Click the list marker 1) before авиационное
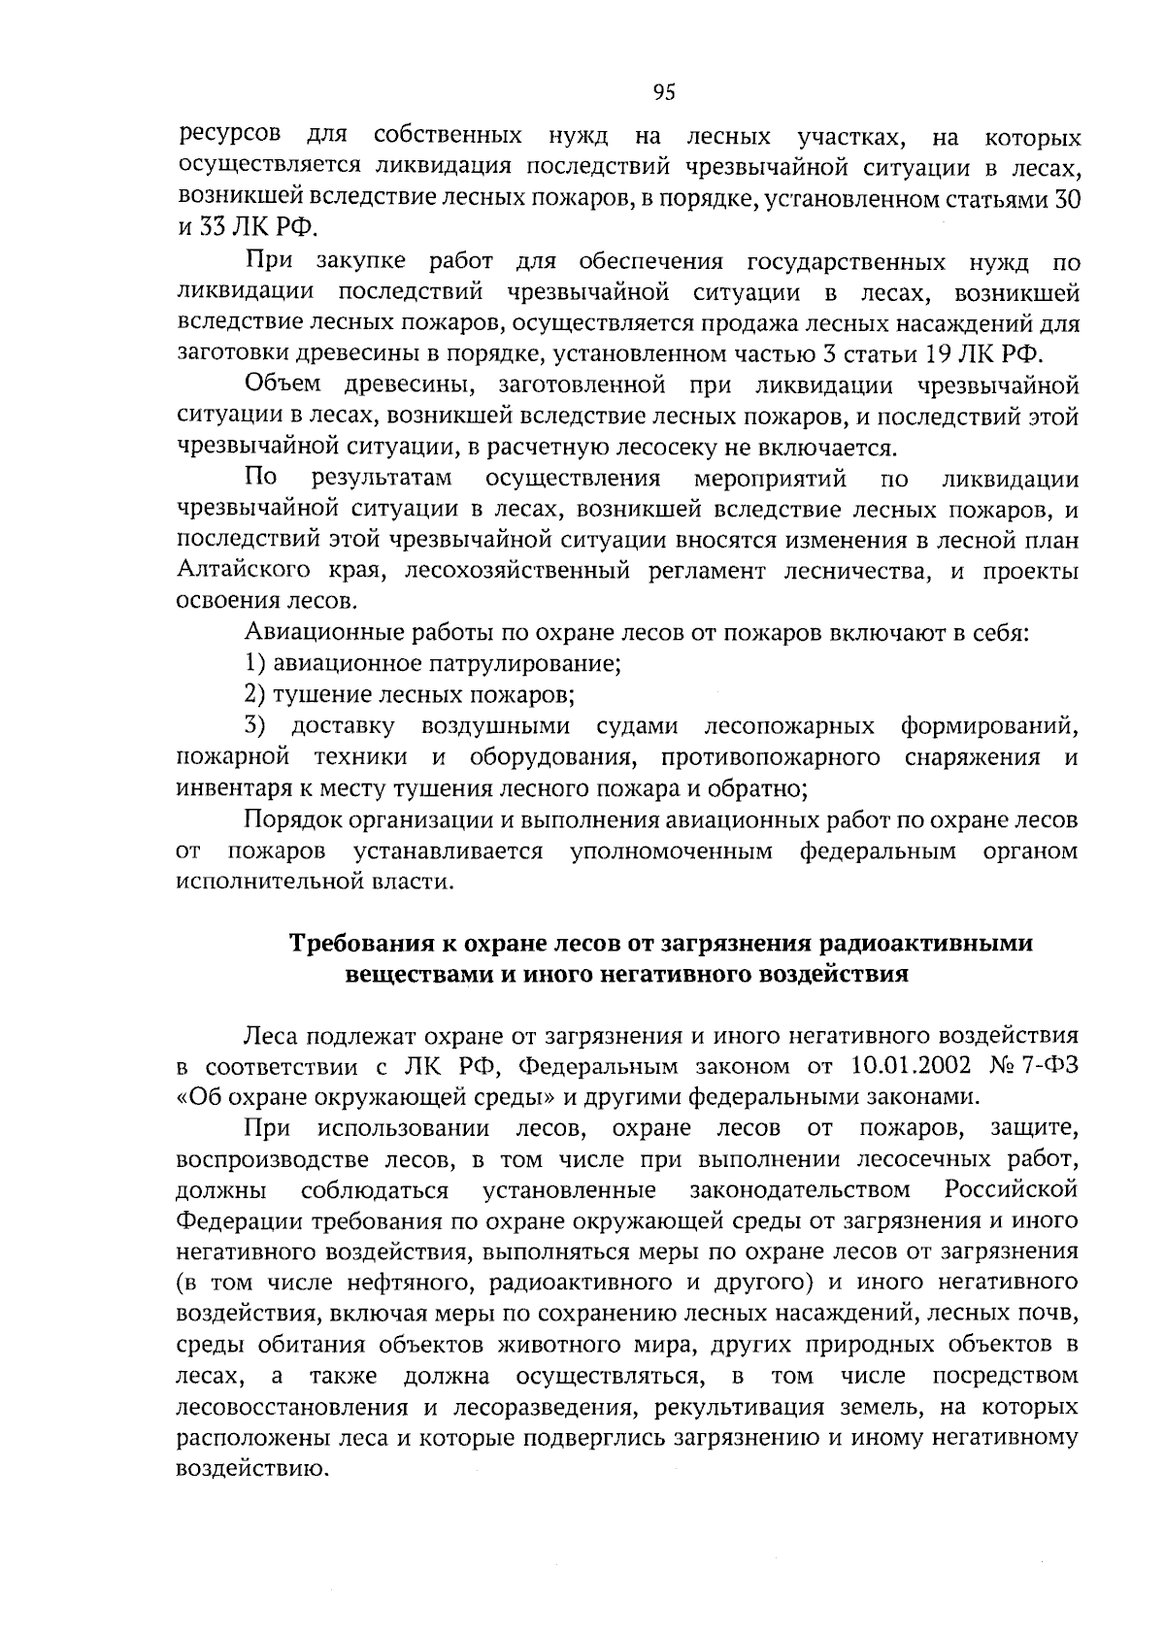254,664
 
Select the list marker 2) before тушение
254,695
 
